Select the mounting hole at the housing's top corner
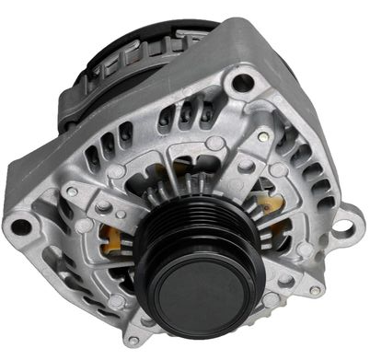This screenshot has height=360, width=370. (244, 84)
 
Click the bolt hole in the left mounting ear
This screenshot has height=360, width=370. (20, 225)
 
